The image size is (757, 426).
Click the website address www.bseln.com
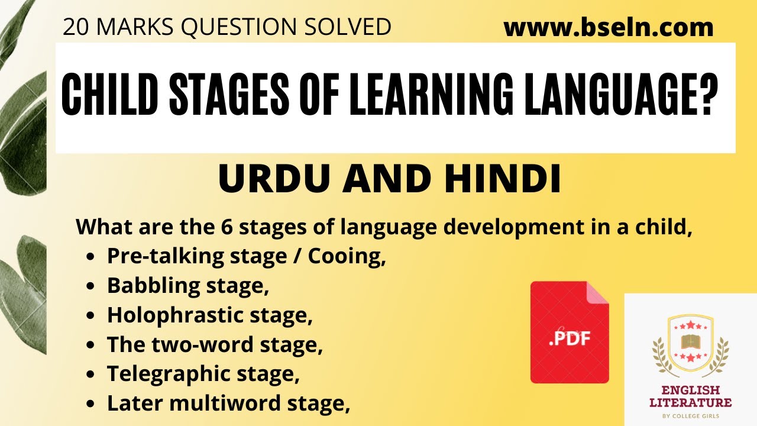pos(609,27)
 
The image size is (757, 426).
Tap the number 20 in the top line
pos(75,27)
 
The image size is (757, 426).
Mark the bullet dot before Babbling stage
pos(90,286)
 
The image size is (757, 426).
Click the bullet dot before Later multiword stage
pos(90,404)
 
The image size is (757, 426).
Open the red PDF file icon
pos(569,333)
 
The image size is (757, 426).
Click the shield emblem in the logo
pos(690,341)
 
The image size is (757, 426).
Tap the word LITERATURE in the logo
pos(691,403)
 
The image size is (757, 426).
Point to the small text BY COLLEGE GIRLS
pos(691,415)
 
